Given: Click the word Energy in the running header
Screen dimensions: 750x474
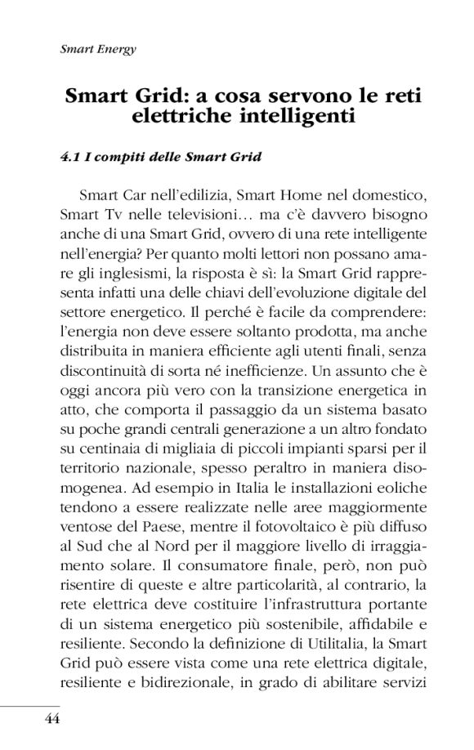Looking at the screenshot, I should tap(116, 48).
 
